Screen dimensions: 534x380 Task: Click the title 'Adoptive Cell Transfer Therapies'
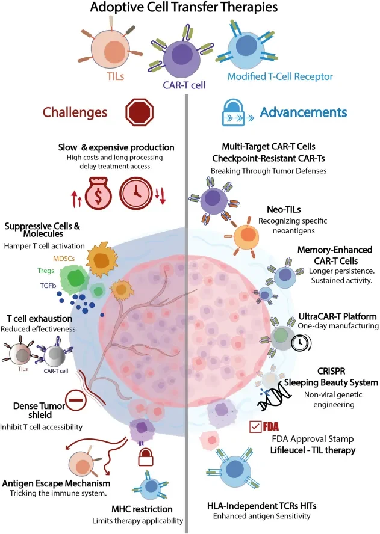tap(190, 9)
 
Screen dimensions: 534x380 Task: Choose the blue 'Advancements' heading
tap(304, 112)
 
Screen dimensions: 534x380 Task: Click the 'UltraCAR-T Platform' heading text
tap(337, 316)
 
